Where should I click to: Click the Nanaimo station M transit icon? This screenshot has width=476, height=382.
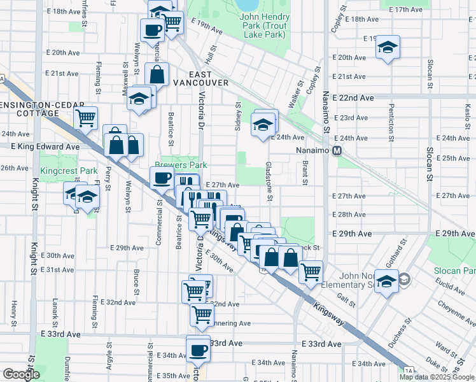(337, 151)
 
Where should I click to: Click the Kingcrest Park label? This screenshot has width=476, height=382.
(69, 171)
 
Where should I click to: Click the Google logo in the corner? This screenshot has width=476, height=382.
(21, 374)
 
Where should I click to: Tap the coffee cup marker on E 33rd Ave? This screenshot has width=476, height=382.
(198, 349)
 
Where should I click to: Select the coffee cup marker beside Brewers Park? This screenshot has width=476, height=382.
(162, 178)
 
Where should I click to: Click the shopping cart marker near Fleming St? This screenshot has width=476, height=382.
(85, 117)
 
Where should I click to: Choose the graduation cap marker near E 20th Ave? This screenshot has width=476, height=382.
(387, 48)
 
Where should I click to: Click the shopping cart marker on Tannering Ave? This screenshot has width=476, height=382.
(202, 313)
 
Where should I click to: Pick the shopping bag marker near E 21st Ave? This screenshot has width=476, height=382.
(158, 74)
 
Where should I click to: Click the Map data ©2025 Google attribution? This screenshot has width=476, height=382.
(437, 377)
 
